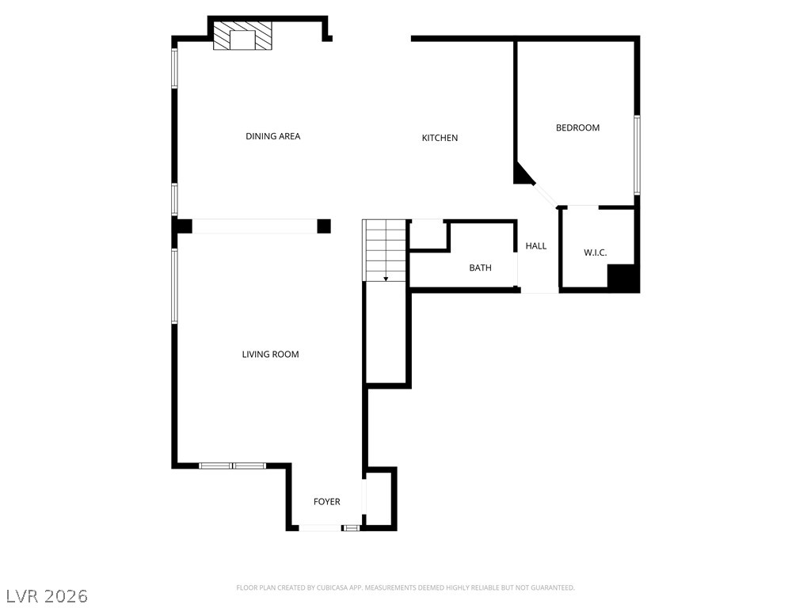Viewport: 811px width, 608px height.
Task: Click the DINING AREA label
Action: coord(272,136)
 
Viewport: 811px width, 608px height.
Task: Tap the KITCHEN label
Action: coord(440,138)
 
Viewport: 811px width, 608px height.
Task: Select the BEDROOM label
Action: coord(577,127)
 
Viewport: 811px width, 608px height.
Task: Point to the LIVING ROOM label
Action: coord(270,355)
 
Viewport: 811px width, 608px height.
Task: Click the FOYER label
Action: coord(326,502)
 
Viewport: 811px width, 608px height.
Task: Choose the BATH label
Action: coord(480,268)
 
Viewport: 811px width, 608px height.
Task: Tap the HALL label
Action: coord(536,246)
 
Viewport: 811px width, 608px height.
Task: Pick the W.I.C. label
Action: coord(595,253)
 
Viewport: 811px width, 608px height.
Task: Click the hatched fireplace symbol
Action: coord(242,36)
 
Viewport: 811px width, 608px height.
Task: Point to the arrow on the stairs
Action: coord(386,278)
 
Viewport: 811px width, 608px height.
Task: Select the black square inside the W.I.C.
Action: coord(622,277)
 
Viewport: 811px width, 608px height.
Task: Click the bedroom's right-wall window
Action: coord(637,155)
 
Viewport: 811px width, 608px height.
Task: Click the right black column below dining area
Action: coord(323,226)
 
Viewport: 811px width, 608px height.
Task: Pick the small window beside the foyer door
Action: coord(351,527)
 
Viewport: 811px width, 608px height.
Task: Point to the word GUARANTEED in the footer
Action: coord(551,587)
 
